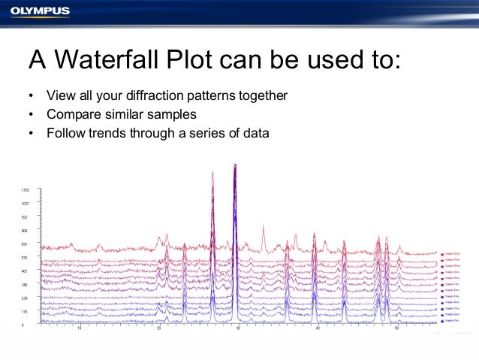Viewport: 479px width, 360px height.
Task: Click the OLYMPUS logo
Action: (x=40, y=11)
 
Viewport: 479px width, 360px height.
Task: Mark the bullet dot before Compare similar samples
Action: (x=31, y=116)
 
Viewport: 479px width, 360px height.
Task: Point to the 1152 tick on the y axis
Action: (x=26, y=190)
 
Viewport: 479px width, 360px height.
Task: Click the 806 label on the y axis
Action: (x=25, y=231)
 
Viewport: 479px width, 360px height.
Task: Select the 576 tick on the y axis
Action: (x=25, y=258)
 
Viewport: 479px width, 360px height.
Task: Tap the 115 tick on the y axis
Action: (x=25, y=311)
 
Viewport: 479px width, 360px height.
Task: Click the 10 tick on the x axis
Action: (x=79, y=328)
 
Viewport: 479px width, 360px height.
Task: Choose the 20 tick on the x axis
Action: (x=158, y=328)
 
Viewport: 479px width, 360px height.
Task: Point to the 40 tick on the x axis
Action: (x=317, y=328)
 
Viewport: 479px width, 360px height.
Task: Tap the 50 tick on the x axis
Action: (x=396, y=328)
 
